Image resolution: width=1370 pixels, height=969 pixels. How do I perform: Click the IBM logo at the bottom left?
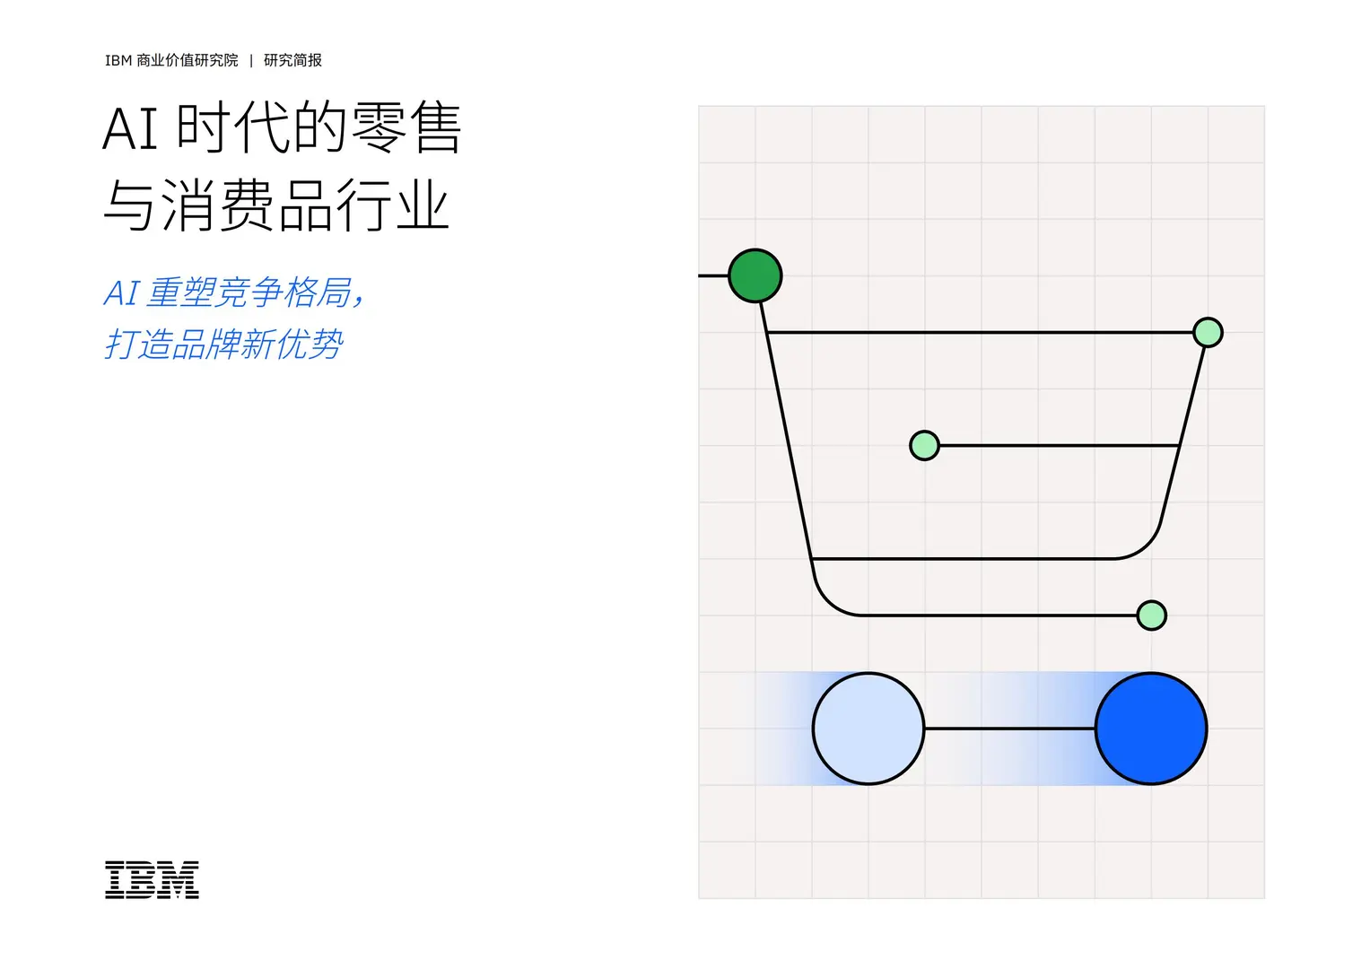[x=152, y=879]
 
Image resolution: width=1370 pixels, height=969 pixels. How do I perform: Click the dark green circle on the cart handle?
[x=755, y=275]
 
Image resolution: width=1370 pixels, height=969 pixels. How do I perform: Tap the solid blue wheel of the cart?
[x=1151, y=729]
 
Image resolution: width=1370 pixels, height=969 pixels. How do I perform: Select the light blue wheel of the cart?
[x=868, y=729]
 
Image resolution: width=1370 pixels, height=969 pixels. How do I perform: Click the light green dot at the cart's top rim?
[x=1208, y=332]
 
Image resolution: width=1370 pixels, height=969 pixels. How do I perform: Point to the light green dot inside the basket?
[x=924, y=445]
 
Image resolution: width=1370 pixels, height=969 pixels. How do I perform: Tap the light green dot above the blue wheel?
[x=1151, y=615]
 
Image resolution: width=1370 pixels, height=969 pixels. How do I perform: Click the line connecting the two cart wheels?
[x=1009, y=729]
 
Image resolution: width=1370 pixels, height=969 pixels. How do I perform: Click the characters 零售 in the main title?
[x=406, y=128]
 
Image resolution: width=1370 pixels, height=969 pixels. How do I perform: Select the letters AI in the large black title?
[x=130, y=128]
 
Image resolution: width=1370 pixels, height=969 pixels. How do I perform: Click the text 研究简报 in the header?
[x=292, y=60]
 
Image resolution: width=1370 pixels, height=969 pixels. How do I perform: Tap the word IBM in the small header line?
[x=118, y=60]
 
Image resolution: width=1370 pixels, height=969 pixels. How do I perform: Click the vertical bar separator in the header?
[x=251, y=60]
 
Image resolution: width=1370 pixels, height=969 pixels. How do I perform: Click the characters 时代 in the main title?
[x=234, y=128]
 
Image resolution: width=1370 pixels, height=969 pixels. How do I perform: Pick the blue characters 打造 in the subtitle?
[x=138, y=345]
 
